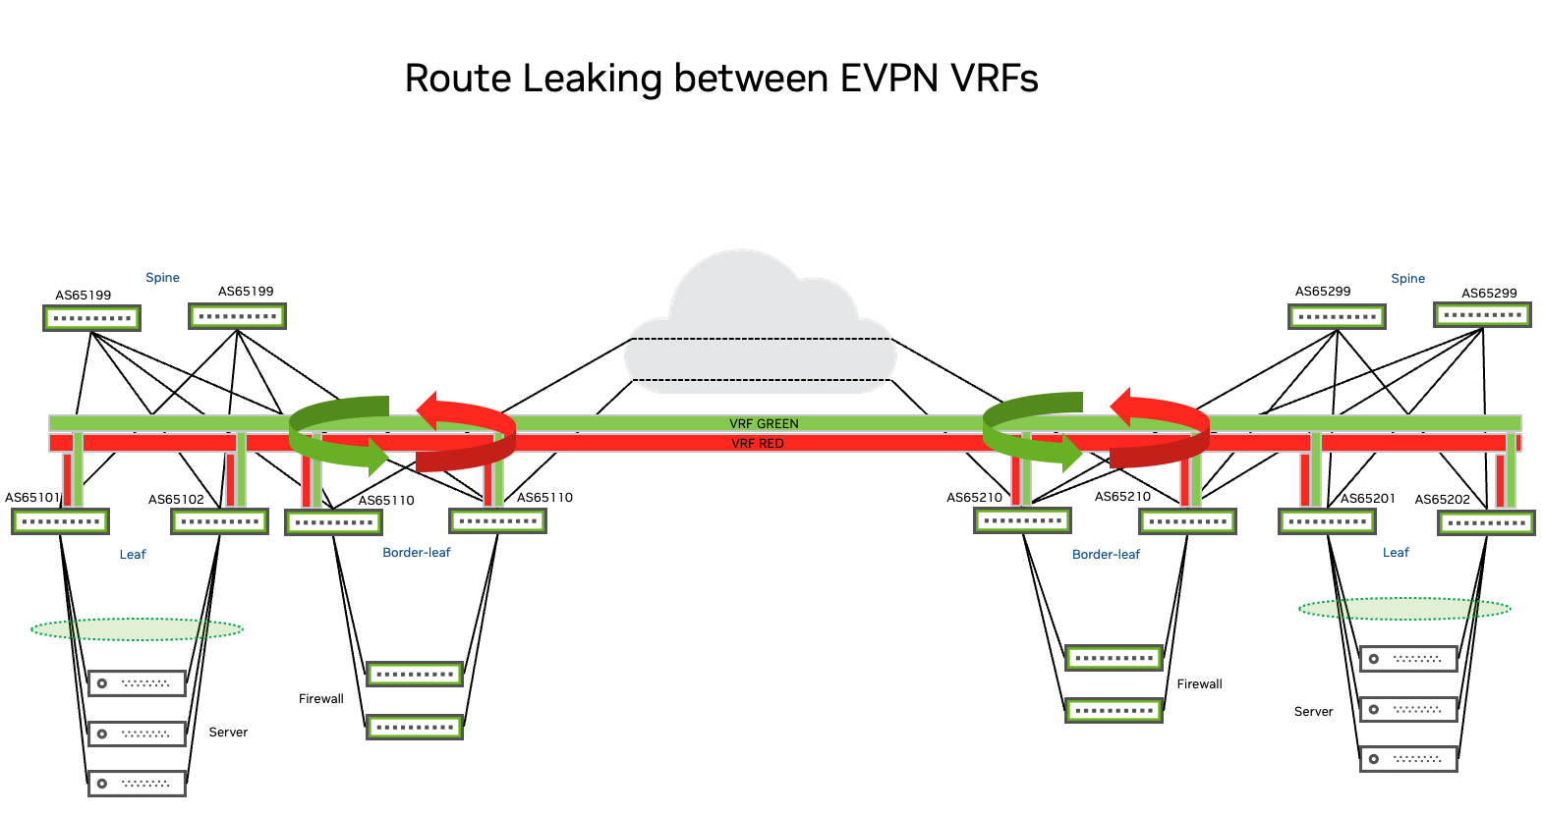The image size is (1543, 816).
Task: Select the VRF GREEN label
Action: pos(764,424)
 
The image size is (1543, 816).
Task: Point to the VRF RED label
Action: pos(758,444)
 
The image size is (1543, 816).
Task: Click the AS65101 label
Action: pos(32,498)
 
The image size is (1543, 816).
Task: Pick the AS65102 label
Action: pos(176,500)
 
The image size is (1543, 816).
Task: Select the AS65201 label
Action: pos(1368,499)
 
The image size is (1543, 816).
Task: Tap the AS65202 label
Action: pos(1442,500)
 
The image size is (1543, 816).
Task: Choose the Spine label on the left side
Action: pos(162,278)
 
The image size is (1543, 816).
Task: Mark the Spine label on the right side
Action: pos(1407,279)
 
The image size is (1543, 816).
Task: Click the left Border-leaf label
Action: pos(417,553)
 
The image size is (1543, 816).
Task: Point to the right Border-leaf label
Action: pos(1106,555)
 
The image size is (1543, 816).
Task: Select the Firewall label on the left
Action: pos(321,699)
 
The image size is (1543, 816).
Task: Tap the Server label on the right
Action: pos(1313,712)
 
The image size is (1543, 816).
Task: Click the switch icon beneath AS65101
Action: pos(61,521)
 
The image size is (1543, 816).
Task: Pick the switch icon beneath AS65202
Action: pos(1486,522)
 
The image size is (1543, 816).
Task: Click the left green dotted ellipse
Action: pos(138,628)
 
